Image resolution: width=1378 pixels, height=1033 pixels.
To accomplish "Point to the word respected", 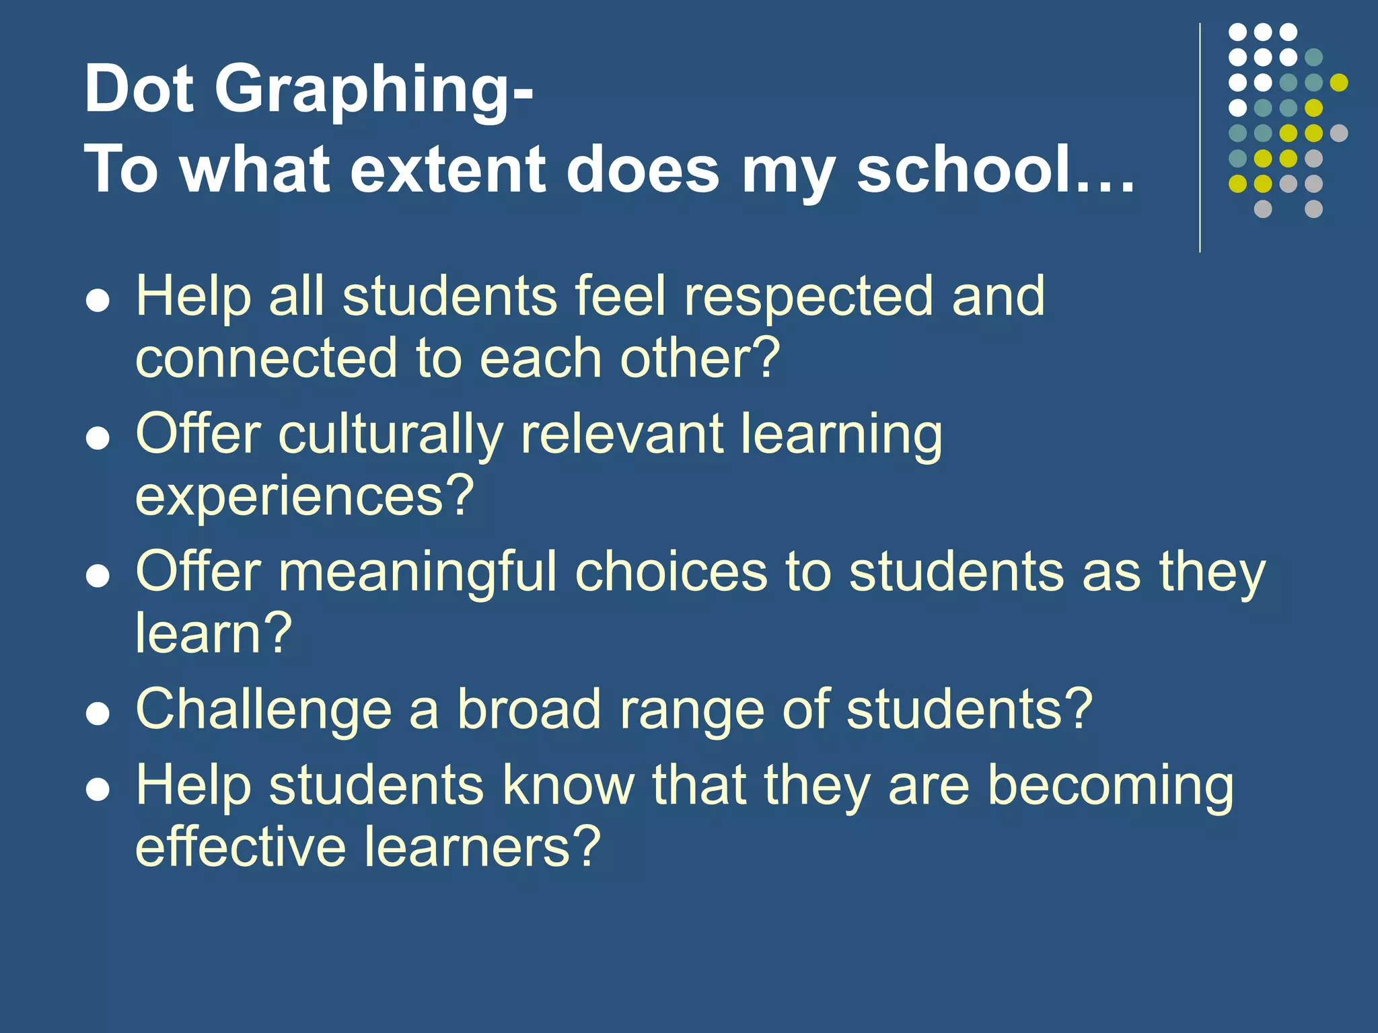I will (807, 297).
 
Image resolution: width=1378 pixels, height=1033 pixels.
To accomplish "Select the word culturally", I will (390, 436).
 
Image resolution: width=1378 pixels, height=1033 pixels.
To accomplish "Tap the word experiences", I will (304, 496).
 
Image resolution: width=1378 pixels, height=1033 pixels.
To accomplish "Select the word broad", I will (529, 710).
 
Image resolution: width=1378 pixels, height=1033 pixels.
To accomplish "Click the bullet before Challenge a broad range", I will (98, 715).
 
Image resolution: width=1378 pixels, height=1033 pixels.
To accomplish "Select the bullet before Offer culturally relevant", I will (98, 439).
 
